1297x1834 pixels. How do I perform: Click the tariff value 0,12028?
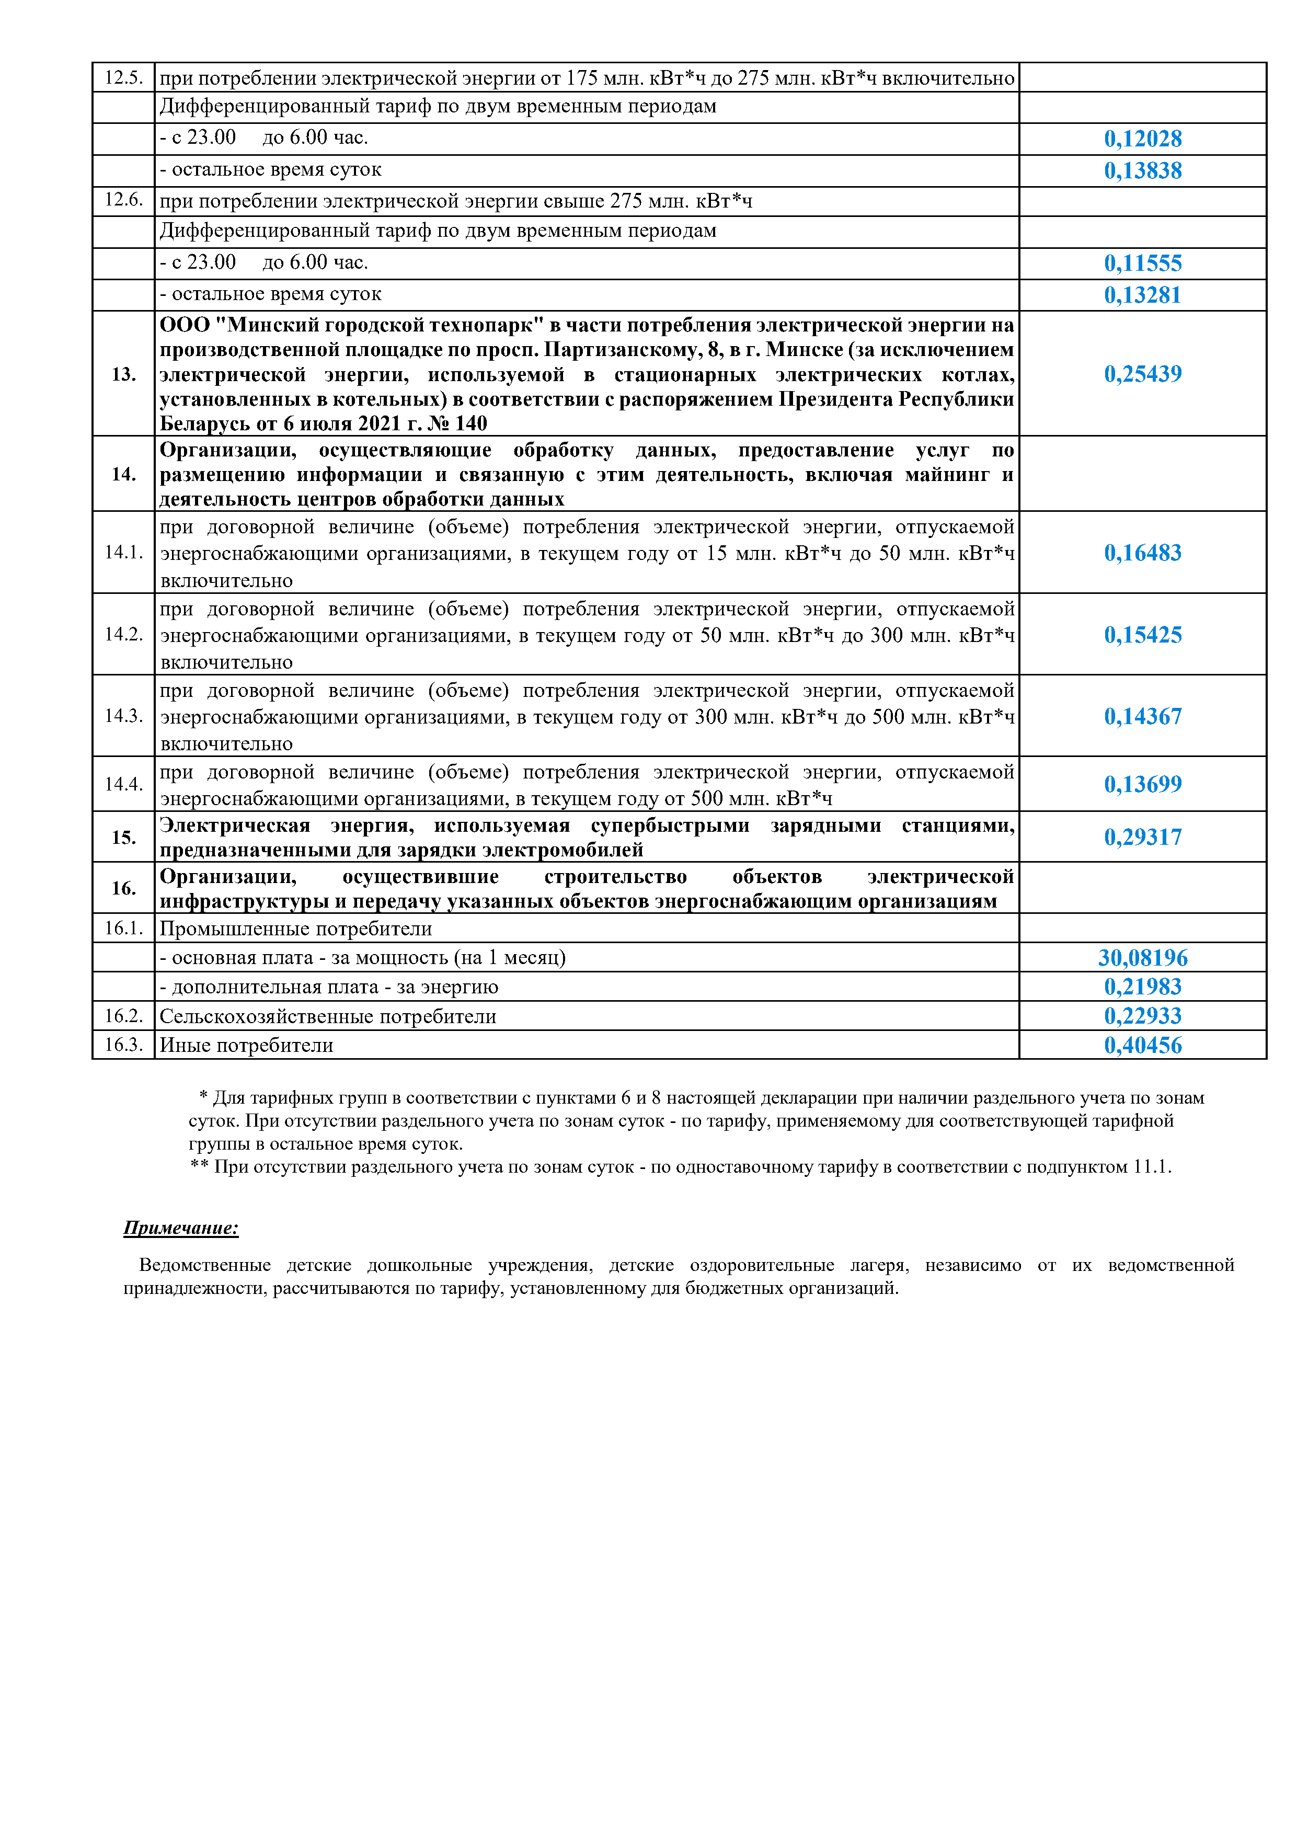pos(1143,139)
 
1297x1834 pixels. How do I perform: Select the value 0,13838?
pos(1143,171)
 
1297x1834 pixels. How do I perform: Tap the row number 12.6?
pos(124,200)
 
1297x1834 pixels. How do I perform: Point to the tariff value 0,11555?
pos(1143,263)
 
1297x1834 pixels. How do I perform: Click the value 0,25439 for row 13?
pos(1143,374)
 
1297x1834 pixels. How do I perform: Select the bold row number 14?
pos(124,475)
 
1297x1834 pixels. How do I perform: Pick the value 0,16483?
pos(1143,553)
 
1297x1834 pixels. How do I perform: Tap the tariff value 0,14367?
pos(1143,717)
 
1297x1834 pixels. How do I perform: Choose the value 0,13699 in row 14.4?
pos(1143,784)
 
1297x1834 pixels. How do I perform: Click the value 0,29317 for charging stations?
pos(1143,837)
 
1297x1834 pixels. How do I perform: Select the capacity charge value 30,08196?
pos(1143,958)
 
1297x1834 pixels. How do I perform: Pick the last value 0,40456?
pos(1143,1046)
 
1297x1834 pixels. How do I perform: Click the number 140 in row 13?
pos(470,424)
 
